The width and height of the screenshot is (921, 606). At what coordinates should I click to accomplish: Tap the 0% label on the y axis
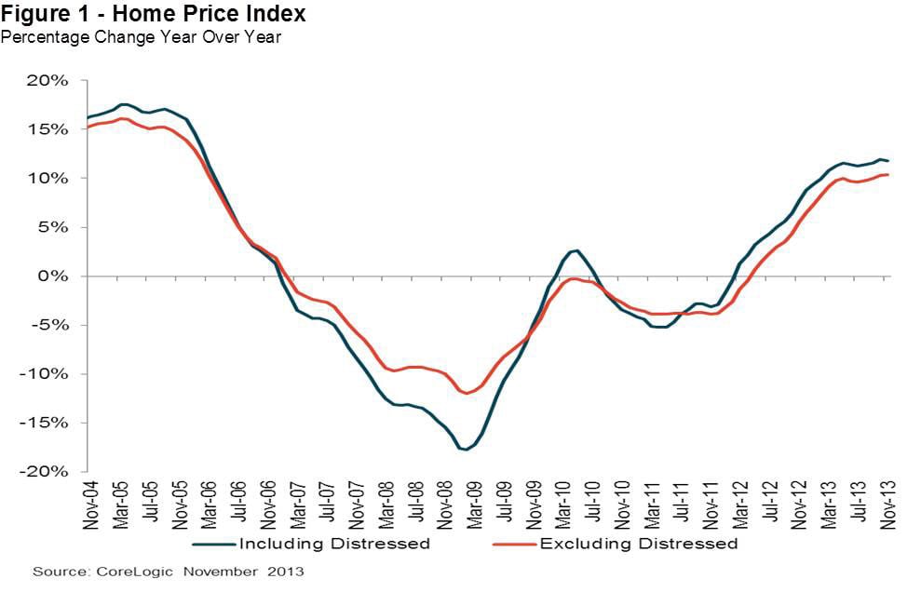pyautogui.click(x=57, y=276)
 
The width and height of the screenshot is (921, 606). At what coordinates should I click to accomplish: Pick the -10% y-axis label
pyautogui.click(x=49, y=374)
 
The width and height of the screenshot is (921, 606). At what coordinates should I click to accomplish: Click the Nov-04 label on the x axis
pyautogui.click(x=91, y=505)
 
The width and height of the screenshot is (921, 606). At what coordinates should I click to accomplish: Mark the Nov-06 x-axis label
pyautogui.click(x=269, y=505)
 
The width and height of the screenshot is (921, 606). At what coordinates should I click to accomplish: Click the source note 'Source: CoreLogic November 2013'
pyautogui.click(x=169, y=571)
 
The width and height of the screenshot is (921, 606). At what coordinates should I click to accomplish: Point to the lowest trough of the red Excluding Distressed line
pyautogui.click(x=467, y=393)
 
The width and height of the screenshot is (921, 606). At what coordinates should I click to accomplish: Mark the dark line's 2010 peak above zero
pyautogui.click(x=577, y=250)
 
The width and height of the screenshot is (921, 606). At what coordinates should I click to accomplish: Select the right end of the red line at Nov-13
pyautogui.click(x=887, y=175)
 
